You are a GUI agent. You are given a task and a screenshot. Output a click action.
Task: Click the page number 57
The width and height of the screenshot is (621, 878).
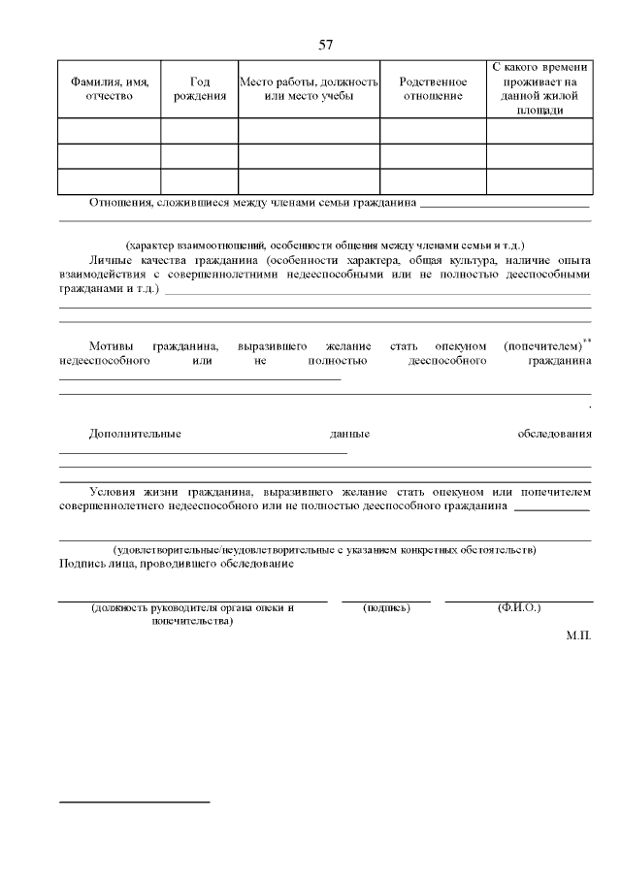[326, 45]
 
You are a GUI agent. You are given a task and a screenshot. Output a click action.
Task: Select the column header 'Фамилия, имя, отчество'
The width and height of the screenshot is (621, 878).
[110, 88]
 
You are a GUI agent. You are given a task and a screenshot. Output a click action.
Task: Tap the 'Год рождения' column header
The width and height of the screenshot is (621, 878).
[199, 88]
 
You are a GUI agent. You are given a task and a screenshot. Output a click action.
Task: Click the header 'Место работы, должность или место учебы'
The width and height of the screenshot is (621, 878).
[309, 88]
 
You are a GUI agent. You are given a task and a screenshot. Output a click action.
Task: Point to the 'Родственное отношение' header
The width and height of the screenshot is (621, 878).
[432, 88]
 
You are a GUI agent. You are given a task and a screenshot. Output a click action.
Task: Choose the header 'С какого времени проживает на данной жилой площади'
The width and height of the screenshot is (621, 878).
[539, 88]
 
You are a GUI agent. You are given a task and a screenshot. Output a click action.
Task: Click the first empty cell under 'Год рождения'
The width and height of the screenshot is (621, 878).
[199, 131]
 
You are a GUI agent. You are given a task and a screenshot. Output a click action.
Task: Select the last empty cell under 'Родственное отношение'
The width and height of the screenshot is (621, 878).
[432, 181]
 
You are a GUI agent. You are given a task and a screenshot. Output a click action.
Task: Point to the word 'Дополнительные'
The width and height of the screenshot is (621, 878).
[135, 434]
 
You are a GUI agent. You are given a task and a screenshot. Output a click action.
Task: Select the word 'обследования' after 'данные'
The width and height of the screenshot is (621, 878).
[554, 434]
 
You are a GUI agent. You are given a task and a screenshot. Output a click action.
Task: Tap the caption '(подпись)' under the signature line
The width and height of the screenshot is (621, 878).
[386, 607]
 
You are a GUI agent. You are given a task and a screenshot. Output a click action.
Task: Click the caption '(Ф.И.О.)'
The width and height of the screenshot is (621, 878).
[518, 607]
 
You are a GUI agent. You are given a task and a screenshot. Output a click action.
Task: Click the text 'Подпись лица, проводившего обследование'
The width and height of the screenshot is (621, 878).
[177, 564]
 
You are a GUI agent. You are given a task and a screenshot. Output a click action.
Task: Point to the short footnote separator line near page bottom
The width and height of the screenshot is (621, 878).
[135, 802]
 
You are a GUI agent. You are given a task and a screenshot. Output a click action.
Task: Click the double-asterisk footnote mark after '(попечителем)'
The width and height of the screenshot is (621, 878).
[587, 340]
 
